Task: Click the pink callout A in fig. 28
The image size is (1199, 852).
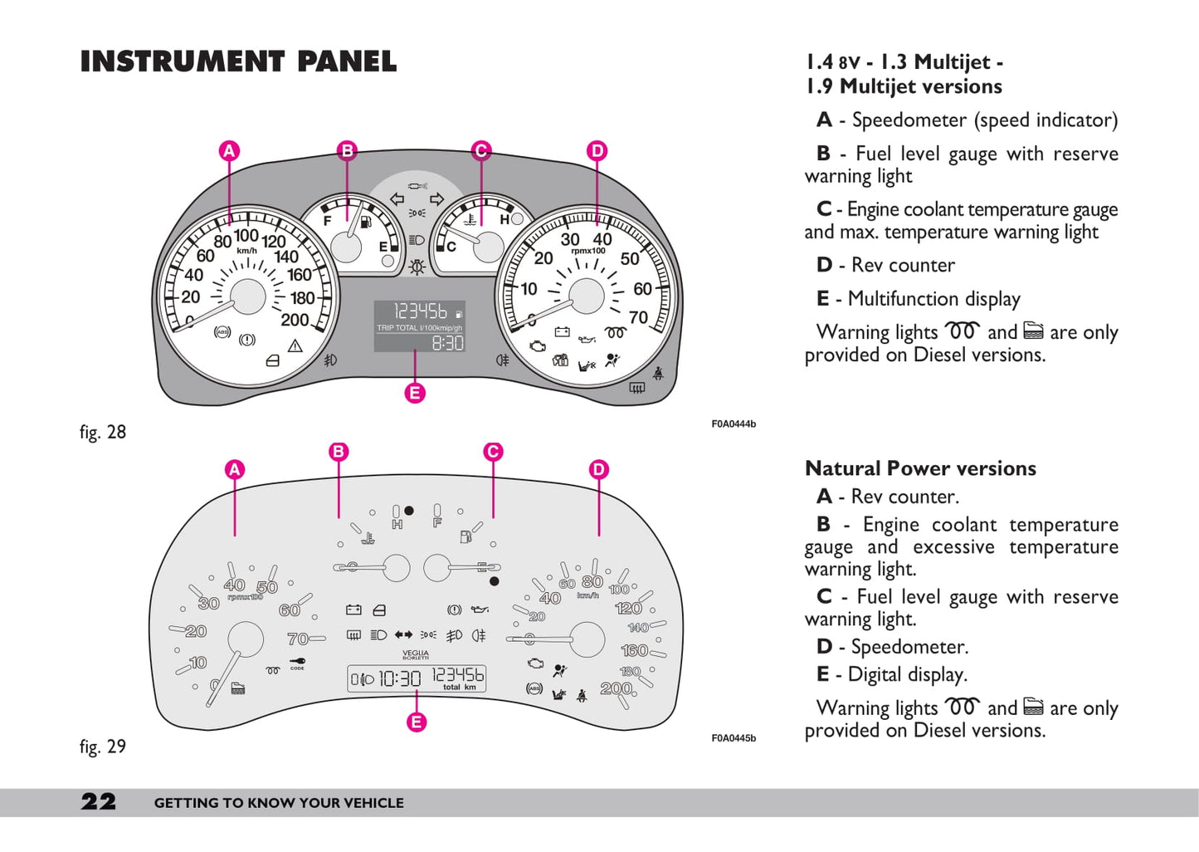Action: (x=229, y=151)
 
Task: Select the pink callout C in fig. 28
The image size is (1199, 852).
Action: (x=480, y=151)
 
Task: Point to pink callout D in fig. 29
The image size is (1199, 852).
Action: (x=598, y=470)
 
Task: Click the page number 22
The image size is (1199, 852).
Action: (x=99, y=801)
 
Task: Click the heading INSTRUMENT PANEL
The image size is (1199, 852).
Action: (x=238, y=61)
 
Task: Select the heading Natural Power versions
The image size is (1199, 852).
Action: (x=920, y=468)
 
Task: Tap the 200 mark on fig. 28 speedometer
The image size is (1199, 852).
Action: (x=295, y=320)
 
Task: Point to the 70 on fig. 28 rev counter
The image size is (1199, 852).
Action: (x=638, y=317)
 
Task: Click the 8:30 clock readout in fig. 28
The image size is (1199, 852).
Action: (x=447, y=342)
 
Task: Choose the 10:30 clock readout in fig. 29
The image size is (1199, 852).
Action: (x=400, y=678)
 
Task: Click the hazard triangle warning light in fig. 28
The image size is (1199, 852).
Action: (x=295, y=346)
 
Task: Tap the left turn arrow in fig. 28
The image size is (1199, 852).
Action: (x=397, y=199)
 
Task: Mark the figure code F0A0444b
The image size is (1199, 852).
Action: (x=734, y=424)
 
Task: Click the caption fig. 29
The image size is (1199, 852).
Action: (x=103, y=746)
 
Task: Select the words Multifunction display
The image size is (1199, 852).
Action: (x=933, y=299)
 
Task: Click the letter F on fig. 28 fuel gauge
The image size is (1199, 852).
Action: (x=328, y=221)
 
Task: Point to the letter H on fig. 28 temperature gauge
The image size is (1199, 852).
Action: (x=504, y=220)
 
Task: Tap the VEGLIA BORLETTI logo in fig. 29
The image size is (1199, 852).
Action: (x=416, y=654)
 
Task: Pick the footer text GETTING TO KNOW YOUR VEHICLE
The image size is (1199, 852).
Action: (x=279, y=803)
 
